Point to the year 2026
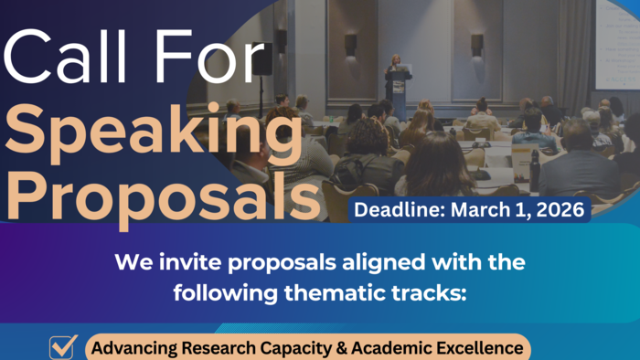pyautogui.click(x=561, y=210)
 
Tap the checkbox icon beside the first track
pyautogui.click(x=63, y=347)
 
